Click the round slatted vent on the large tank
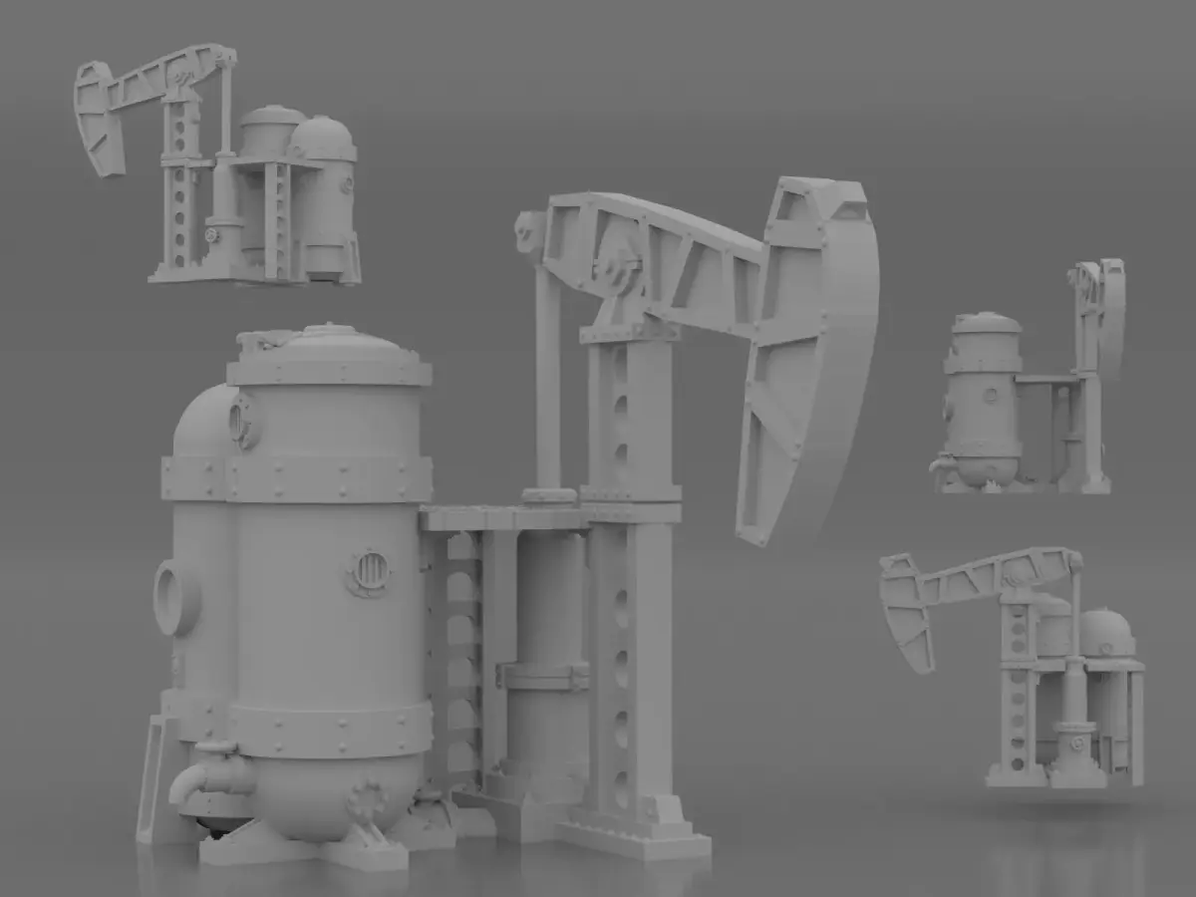(369, 572)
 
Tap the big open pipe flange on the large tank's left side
(176, 597)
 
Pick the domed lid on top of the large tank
(329, 344)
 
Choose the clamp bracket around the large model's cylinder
(543, 677)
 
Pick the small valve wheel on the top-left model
(211, 235)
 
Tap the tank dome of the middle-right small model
(986, 324)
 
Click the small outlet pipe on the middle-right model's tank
(940, 464)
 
